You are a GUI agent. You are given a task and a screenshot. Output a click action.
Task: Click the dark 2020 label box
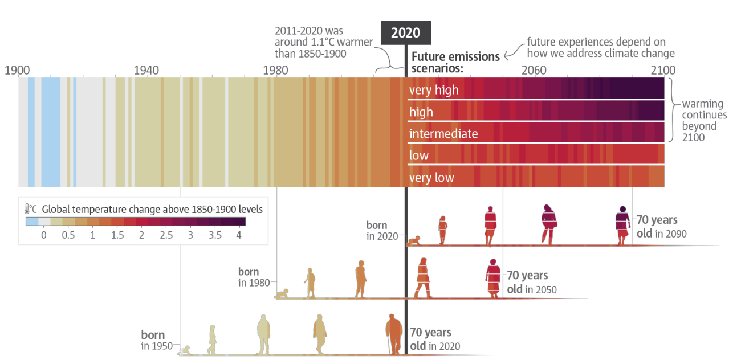coord(406,32)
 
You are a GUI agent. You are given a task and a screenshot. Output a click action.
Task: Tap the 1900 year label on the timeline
coord(17,70)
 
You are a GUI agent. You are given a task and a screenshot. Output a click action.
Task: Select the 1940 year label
coord(146,70)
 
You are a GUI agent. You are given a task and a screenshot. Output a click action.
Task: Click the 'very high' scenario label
coord(434,90)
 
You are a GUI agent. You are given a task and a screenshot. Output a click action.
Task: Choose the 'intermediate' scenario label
coord(443,134)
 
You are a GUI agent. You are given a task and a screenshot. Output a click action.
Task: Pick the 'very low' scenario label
coord(431,178)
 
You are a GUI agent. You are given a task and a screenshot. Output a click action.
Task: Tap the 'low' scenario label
coord(419,156)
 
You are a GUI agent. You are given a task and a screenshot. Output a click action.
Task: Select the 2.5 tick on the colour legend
coord(166,235)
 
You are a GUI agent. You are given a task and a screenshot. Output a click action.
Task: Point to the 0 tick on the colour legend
coord(43,235)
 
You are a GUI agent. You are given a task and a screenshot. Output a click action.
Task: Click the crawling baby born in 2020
coord(414,240)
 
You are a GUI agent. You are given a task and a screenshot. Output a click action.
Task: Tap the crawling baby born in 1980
coord(282,294)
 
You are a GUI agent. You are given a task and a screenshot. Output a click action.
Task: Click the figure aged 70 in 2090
coord(622,226)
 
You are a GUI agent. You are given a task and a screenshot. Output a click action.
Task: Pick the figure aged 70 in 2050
coord(492,278)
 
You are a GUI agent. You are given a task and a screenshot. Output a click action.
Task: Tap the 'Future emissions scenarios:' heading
coord(455,62)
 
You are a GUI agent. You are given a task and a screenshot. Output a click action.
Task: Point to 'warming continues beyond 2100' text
coord(705,121)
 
